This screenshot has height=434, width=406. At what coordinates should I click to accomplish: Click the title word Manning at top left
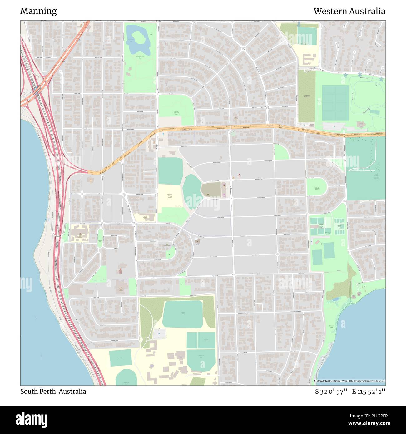tap(38, 11)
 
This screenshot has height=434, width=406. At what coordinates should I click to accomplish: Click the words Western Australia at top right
tap(349, 11)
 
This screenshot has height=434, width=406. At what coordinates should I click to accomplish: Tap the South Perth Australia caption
tap(53, 392)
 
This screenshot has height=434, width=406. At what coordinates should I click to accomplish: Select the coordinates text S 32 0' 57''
tap(331, 392)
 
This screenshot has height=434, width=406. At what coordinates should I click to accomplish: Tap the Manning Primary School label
tap(170, 196)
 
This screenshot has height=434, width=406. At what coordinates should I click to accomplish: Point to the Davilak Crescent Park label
tap(176, 113)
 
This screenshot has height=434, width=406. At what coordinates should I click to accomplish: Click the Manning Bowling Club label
tap(321, 226)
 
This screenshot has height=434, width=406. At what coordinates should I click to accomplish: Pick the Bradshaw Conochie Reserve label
tap(316, 188)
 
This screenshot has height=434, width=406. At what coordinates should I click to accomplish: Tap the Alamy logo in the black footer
tap(32, 419)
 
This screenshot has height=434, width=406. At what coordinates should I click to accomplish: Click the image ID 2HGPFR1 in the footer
tap(375, 416)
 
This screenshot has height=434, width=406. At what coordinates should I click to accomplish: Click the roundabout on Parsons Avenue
tap(277, 254)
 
